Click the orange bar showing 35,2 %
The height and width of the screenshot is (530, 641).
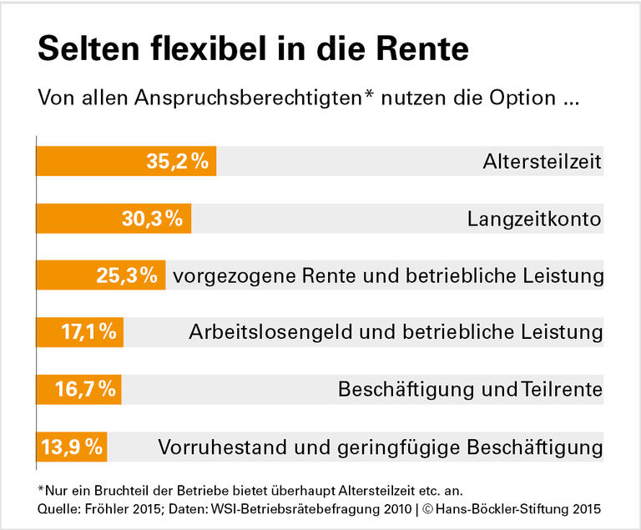point(125,161)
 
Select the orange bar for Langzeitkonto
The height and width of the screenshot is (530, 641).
point(114,219)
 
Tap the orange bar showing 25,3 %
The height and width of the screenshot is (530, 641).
point(100,275)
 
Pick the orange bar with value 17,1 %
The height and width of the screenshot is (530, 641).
point(79,332)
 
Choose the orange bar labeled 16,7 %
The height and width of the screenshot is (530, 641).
point(78,390)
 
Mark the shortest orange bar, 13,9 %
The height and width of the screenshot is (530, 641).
point(71,447)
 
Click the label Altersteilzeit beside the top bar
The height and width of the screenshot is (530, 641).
point(542,161)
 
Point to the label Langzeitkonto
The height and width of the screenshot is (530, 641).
point(534,219)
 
